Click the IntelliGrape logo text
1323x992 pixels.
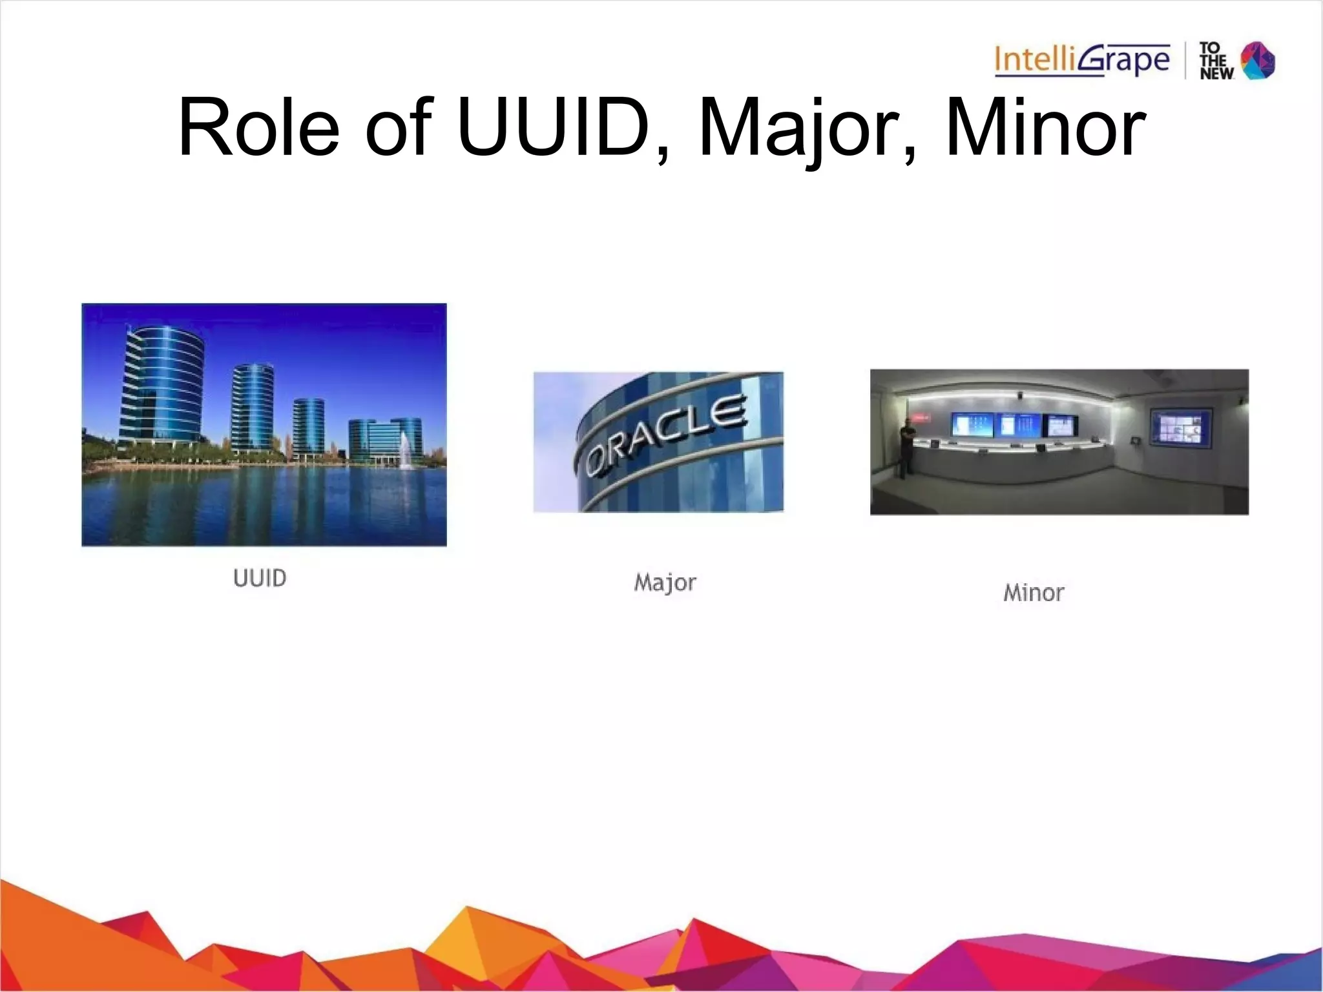point(1081,60)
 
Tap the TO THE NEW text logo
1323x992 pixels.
point(1216,61)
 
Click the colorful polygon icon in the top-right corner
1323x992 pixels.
point(1258,61)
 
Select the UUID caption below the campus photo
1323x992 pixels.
point(260,578)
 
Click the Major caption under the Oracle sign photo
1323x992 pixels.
point(665,583)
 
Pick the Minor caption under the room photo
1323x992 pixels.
point(1034,593)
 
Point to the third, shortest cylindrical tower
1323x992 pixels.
point(308,426)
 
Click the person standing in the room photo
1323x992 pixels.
point(906,446)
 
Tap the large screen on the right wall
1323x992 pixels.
point(1181,426)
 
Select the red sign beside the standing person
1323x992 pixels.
point(921,418)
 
